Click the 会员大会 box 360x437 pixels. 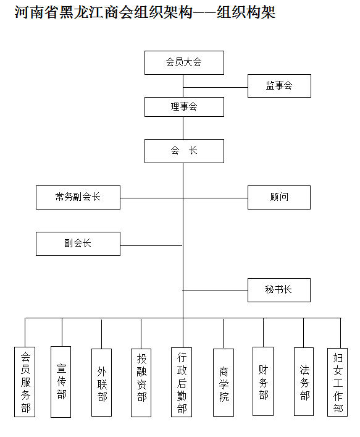[184, 62]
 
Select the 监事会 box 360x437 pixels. [279, 86]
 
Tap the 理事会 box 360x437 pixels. [184, 107]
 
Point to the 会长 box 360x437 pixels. [184, 151]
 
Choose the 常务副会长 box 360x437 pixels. [78, 197]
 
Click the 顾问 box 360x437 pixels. [279, 197]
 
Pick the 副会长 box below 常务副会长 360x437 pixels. [78, 244]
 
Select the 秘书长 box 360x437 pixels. [279, 290]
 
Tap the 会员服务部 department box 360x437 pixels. [25, 382]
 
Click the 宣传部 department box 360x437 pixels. [61, 382]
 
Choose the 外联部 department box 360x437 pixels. [102, 383]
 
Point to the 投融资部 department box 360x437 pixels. [141, 383]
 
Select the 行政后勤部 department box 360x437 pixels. [182, 382]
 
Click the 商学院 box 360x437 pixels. [224, 383]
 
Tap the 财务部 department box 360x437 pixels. [263, 381]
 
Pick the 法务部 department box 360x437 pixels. [304, 381]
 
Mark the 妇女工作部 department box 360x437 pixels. [337, 382]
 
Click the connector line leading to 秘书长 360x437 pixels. [216, 291]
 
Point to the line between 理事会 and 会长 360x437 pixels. [183, 128]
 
